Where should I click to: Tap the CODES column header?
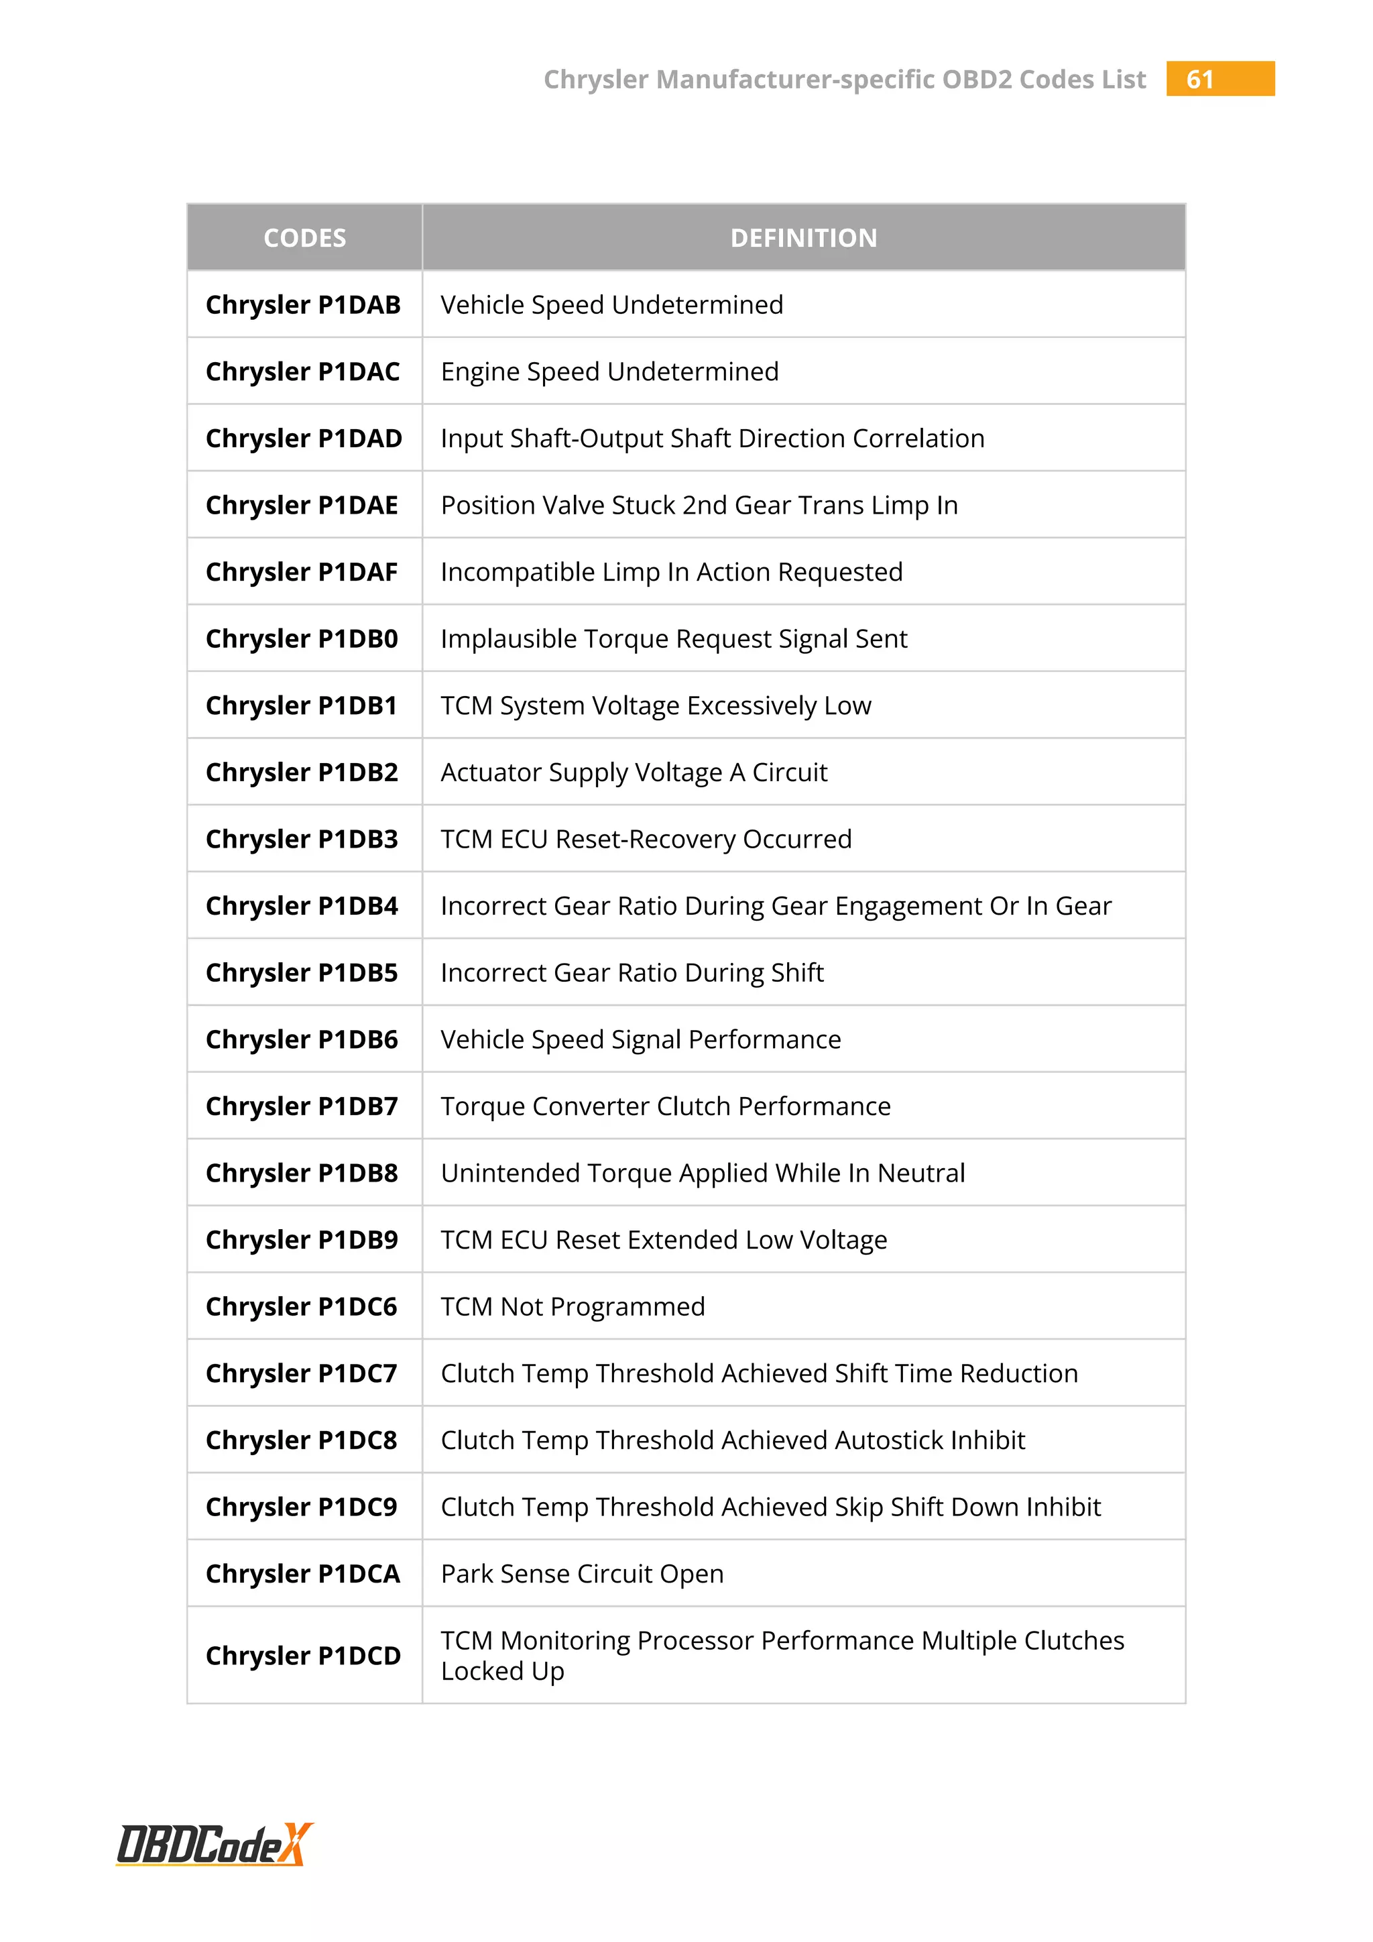[304, 237]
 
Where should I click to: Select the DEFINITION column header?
[803, 237]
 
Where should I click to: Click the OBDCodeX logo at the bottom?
[214, 1844]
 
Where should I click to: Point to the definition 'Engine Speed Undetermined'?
[609, 372]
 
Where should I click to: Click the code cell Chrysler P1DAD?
[304, 438]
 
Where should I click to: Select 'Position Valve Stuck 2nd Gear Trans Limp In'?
[699, 505]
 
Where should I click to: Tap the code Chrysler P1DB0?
[302, 638]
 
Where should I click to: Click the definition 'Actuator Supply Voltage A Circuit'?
[634, 773]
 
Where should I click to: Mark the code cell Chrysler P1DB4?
[302, 906]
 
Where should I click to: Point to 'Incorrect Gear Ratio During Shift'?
[632, 973]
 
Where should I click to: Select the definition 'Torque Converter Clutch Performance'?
[665, 1106]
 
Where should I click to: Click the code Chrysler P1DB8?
[302, 1173]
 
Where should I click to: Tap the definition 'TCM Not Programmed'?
[573, 1307]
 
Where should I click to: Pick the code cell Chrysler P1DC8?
[302, 1440]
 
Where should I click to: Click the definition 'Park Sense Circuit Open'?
[582, 1574]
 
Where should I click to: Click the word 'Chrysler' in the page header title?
[596, 80]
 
